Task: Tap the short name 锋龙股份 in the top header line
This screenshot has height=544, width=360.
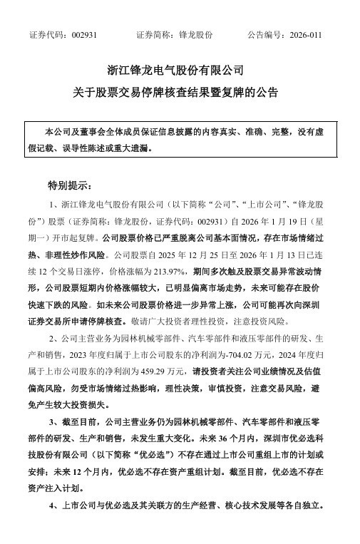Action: coord(197,35)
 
